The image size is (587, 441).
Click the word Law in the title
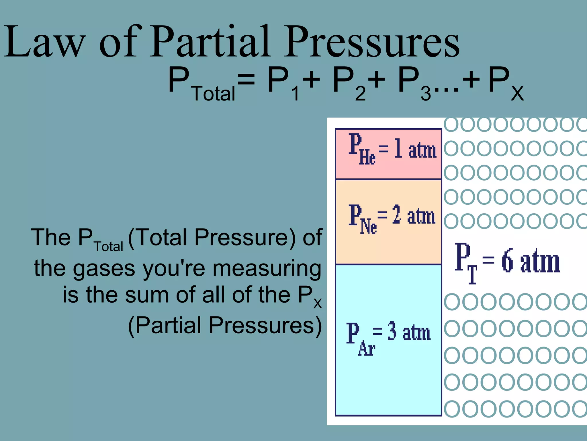point(44,42)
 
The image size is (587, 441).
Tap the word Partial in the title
point(210,42)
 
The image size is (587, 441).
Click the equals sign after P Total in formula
point(246,79)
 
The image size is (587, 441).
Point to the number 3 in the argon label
point(392,331)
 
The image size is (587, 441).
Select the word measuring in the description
point(267,268)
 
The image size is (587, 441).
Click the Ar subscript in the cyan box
point(366,349)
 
